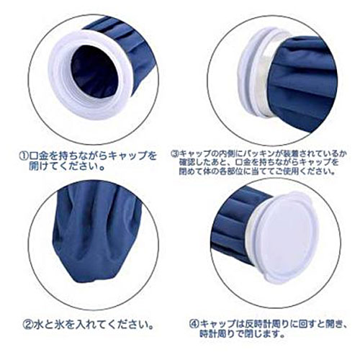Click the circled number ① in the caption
pyautogui.click(x=24, y=156)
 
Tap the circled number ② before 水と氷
pyautogui.click(x=27, y=325)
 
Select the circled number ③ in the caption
pyautogui.click(x=175, y=153)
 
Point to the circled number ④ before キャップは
pyautogui.click(x=194, y=324)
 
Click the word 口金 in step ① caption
pyautogui.click(x=40, y=156)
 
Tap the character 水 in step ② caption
pyautogui.click(x=38, y=325)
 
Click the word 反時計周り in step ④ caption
pyautogui.click(x=267, y=324)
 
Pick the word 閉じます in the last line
pyautogui.click(x=262, y=333)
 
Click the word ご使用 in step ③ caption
pyautogui.click(x=289, y=171)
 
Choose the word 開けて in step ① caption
pyautogui.click(x=40, y=166)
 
